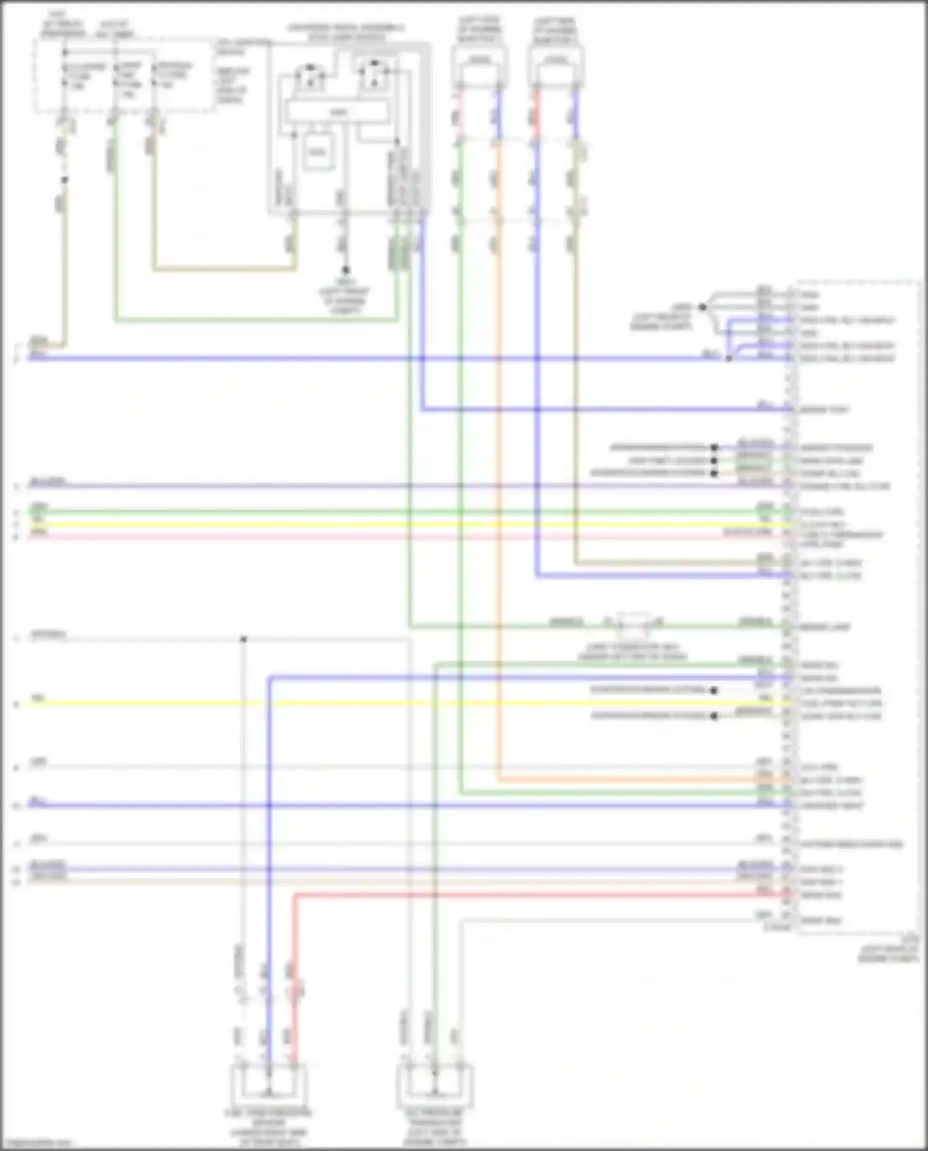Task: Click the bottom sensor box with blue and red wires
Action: pos(269,1085)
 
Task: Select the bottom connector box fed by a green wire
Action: pos(434,1085)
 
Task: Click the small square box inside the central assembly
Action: pos(318,152)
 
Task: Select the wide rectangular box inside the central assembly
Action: pos(337,112)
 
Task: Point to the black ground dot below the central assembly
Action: pos(345,270)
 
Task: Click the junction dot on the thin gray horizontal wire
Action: pos(244,639)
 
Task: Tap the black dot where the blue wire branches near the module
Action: pos(729,358)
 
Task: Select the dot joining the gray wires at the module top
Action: pos(702,307)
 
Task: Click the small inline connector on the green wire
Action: pos(633,624)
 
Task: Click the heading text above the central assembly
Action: pos(346,33)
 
